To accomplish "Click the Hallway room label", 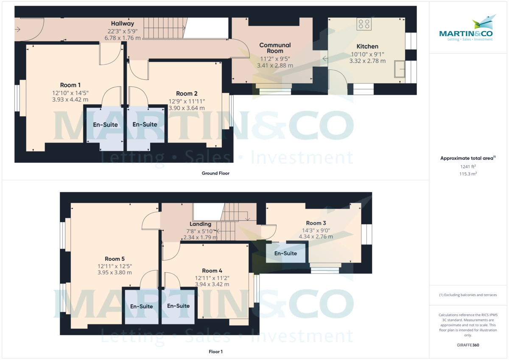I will click(123, 24).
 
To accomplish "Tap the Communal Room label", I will click(275, 48).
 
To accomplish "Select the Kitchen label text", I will click(367, 46).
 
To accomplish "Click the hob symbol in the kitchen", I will click(364, 24).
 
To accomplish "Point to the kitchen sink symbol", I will click(399, 70).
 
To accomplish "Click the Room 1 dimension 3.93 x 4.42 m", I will click(70, 99).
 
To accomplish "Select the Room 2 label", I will click(187, 94).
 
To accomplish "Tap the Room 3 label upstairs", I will click(316, 223).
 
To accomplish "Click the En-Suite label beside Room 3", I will click(285, 254).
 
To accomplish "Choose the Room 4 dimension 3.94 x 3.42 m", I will click(212, 284).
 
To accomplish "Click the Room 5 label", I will click(115, 259).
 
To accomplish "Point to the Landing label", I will click(201, 224).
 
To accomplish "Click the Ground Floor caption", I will click(215, 173).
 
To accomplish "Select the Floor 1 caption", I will click(215, 352).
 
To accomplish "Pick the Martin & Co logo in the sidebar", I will click(467, 30).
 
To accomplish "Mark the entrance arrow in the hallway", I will click(17, 30).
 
